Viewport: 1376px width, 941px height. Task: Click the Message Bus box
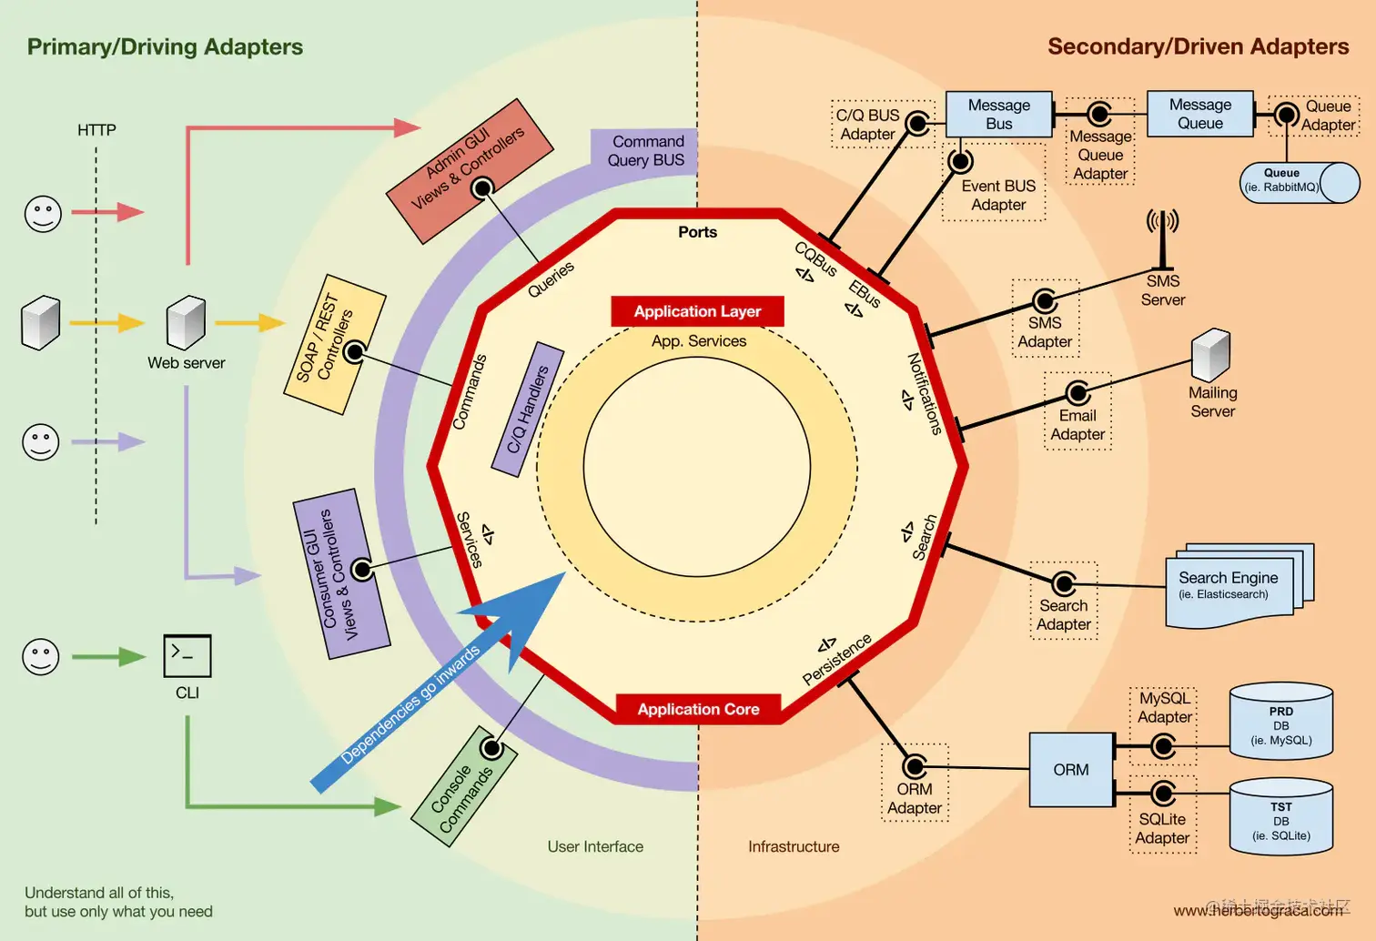(x=998, y=114)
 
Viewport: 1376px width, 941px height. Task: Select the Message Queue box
(x=1199, y=114)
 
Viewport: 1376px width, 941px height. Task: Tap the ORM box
(x=1071, y=770)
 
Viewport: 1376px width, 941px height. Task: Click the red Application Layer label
(x=697, y=311)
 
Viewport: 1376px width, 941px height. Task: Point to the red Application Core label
(x=698, y=709)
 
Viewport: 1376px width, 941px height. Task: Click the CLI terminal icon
(x=187, y=655)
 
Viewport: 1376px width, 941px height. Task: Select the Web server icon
(x=187, y=321)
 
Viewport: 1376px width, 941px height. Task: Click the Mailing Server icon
(x=1211, y=355)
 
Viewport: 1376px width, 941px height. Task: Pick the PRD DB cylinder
(x=1280, y=722)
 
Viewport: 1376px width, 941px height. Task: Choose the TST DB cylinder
(x=1280, y=817)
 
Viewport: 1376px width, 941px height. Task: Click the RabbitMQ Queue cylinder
(x=1299, y=182)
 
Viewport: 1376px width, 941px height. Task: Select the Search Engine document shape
(x=1239, y=587)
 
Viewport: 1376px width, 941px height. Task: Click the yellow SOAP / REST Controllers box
(x=334, y=344)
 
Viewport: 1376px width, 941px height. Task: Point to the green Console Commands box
(x=464, y=787)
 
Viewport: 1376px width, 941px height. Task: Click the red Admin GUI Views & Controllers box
(x=470, y=170)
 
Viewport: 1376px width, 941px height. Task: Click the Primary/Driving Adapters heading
(x=165, y=46)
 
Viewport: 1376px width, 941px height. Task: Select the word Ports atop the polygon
(x=697, y=232)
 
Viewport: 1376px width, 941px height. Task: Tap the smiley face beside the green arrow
(x=41, y=656)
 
